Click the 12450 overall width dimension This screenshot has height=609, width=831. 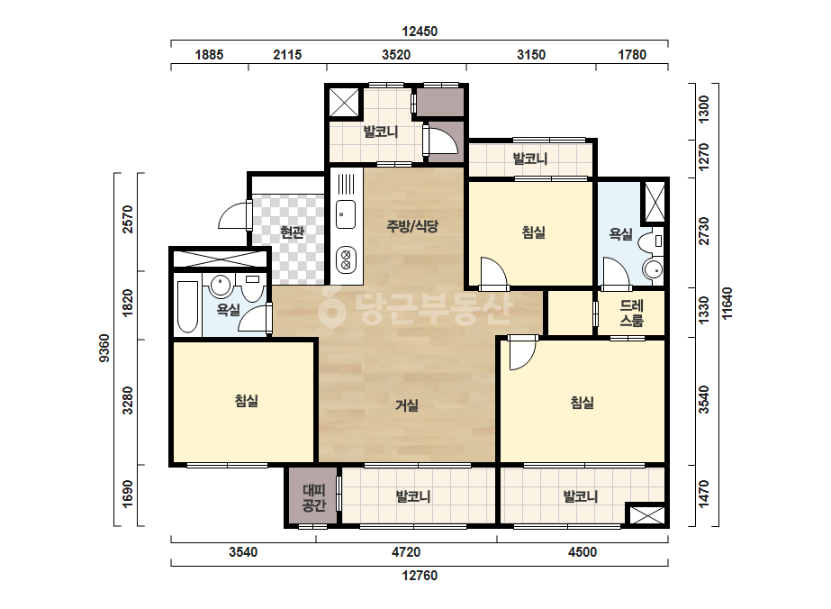(420, 32)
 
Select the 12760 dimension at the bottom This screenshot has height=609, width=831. (420, 576)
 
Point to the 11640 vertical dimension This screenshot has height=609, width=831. (727, 304)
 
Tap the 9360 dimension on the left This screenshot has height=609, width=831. (104, 348)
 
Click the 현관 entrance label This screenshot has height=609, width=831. (292, 232)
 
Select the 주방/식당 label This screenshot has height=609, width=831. (412, 226)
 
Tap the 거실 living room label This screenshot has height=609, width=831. (406, 405)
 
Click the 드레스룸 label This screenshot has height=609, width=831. (632, 313)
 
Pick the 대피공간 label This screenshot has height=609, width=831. (313, 497)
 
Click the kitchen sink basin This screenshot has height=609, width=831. (346, 214)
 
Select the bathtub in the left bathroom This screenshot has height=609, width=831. (187, 307)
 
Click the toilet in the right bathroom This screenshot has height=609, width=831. (651, 242)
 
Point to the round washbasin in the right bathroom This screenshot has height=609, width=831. (653, 269)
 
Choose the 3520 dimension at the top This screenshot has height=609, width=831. (396, 55)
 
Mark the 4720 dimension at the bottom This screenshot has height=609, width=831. (406, 552)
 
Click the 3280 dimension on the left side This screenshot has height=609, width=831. (127, 401)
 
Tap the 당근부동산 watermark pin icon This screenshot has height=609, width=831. (331, 309)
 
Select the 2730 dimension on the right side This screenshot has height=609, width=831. (703, 232)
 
